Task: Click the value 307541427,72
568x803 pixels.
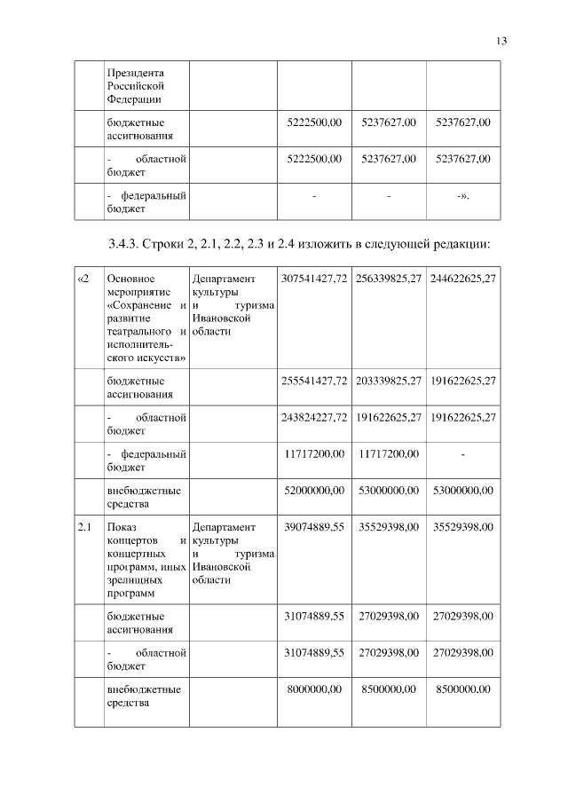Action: coord(313,279)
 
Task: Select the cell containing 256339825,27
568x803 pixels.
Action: coord(389,279)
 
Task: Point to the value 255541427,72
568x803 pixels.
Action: coord(313,381)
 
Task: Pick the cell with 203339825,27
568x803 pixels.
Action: coord(389,381)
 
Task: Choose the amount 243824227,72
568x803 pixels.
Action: coord(313,417)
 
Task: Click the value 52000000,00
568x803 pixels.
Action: coord(313,490)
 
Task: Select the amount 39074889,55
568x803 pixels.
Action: coord(313,527)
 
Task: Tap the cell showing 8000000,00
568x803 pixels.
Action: coord(315,689)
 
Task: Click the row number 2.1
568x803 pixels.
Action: coord(85,527)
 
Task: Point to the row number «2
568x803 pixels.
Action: coord(84,279)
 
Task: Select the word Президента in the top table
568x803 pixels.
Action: coord(135,73)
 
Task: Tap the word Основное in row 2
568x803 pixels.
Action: coord(131,279)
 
